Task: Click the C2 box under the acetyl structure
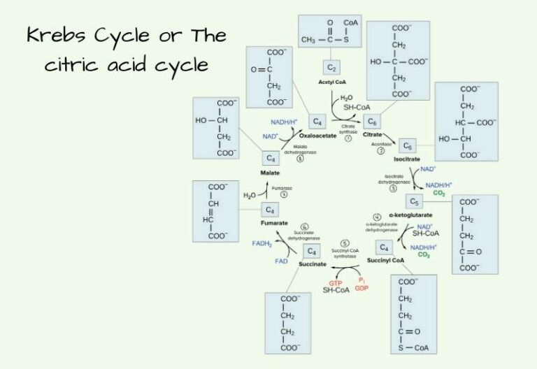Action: point(331,68)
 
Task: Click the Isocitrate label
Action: point(406,159)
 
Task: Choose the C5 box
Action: point(414,202)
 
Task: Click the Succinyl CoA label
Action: point(385,260)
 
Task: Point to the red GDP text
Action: point(361,287)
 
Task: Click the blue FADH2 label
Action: point(261,243)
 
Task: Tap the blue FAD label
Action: point(280,260)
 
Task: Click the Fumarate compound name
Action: point(273,223)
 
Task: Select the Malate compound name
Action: point(270,171)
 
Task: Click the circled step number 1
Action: point(348,139)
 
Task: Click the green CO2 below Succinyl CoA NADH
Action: point(424,255)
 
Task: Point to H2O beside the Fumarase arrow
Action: point(249,196)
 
